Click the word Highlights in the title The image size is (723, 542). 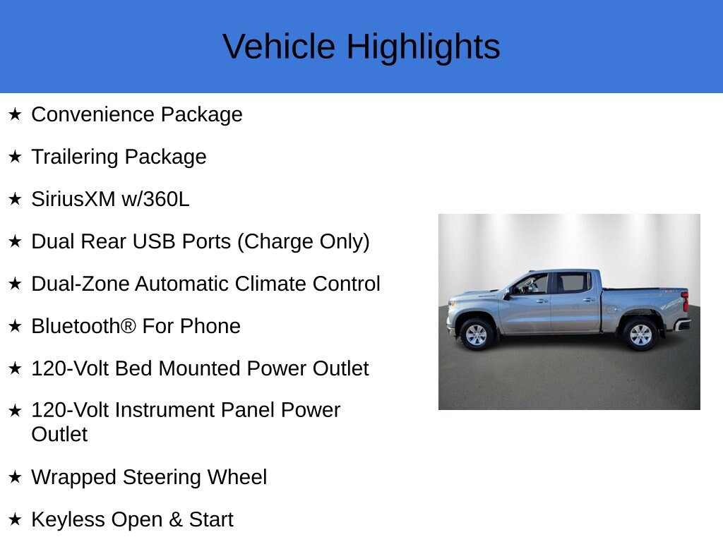pos(424,47)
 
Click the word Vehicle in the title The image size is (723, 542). pos(279,47)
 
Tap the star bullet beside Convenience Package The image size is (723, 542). pos(15,114)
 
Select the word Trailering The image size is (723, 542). pos(75,157)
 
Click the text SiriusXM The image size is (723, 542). pos(73,199)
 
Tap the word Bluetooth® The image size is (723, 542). pos(83,326)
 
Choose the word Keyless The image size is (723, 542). pos(68,520)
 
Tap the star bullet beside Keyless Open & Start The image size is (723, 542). pos(15,519)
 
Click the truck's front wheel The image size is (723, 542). pos(477,335)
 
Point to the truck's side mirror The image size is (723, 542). pos(507,294)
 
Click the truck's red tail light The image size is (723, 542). pos(685,301)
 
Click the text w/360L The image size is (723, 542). pos(155,199)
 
